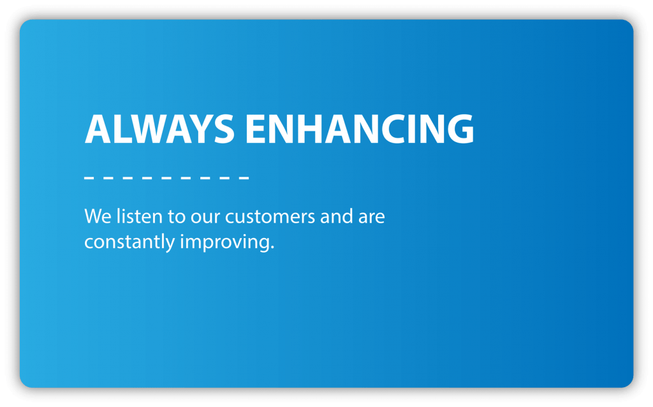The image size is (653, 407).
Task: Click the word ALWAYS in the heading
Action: pyautogui.click(x=159, y=129)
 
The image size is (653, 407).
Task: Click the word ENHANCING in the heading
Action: pyautogui.click(x=359, y=129)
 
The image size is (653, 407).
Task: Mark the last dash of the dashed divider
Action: pyautogui.click(x=244, y=177)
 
